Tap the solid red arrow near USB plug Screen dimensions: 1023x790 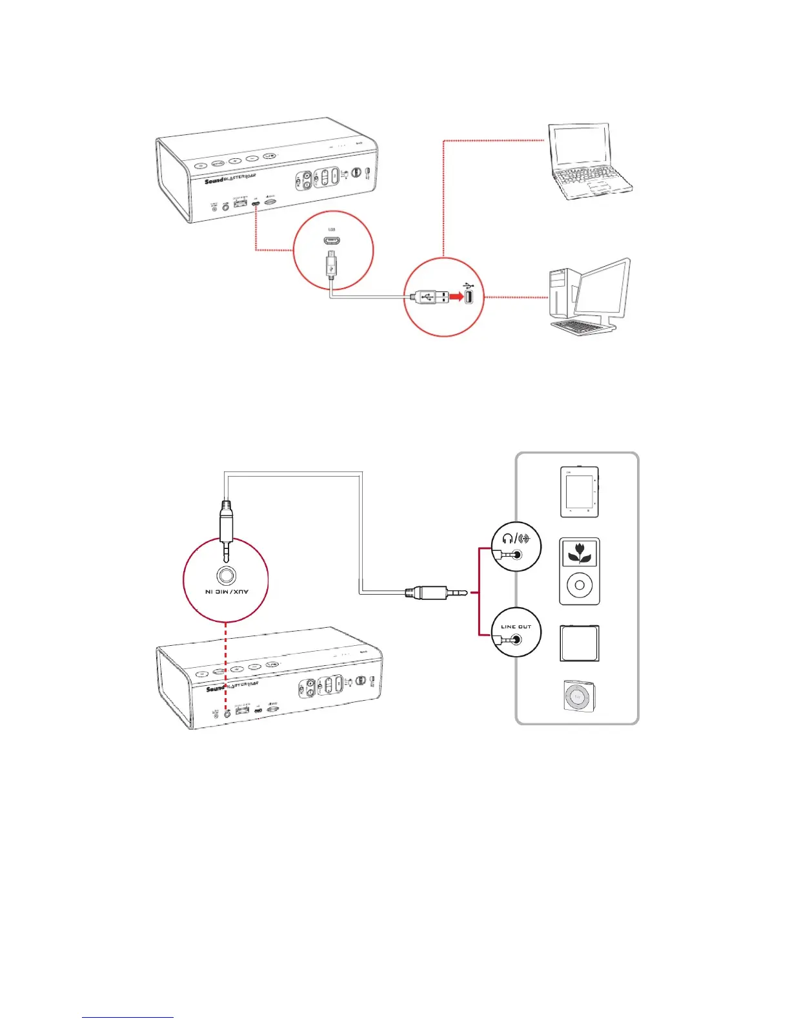tap(456, 297)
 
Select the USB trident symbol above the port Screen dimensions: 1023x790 tap(469, 285)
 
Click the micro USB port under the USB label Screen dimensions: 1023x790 tap(332, 242)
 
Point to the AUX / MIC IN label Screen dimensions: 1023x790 tap(227, 592)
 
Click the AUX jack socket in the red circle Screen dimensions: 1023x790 tap(226, 575)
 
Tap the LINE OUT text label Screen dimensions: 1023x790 tap(516, 626)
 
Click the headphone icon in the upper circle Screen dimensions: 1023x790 tap(507, 539)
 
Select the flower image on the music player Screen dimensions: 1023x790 tap(580, 553)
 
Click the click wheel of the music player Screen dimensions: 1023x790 tap(580, 585)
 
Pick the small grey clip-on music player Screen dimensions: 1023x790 tap(577, 697)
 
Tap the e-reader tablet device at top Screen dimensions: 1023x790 tap(579, 491)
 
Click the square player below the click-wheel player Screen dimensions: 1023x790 tap(579, 643)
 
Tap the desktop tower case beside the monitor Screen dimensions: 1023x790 tap(559, 294)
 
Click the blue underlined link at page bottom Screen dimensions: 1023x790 tap(128, 1017)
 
